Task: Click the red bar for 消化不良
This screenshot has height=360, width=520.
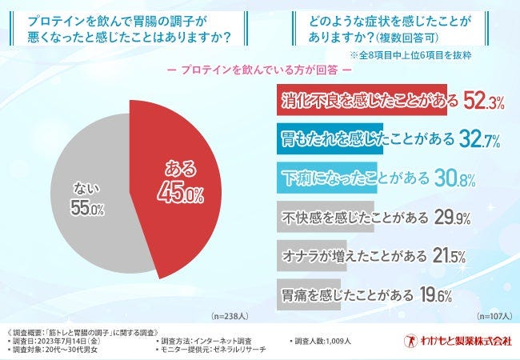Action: [x=359, y=102]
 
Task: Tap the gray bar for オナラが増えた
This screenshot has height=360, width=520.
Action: [x=312, y=256]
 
